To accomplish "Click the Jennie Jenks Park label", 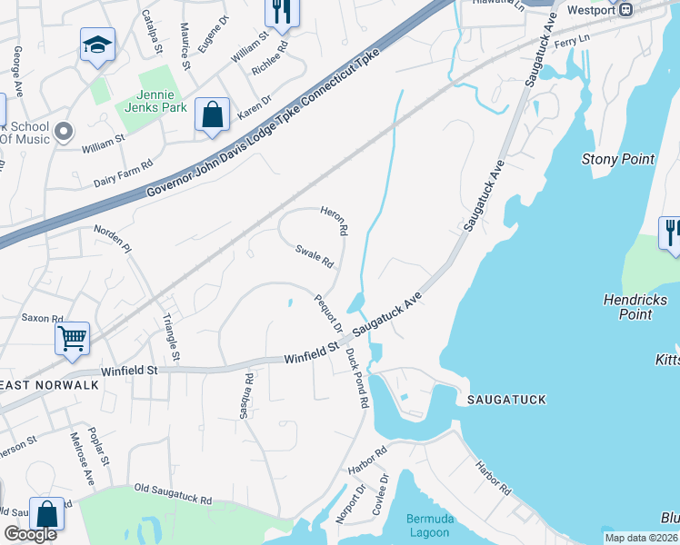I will click(151, 101).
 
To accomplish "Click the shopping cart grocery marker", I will click(72, 339).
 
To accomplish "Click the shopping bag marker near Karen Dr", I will click(212, 115).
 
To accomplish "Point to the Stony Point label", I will click(617, 160).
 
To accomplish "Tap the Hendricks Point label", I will click(635, 307).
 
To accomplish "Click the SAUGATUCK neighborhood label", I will click(505, 399).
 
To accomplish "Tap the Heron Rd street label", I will click(333, 221).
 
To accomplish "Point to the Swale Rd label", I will click(315, 256).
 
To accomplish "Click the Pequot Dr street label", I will click(327, 313).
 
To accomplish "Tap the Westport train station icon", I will click(625, 10).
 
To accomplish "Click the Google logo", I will click(30, 535).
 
